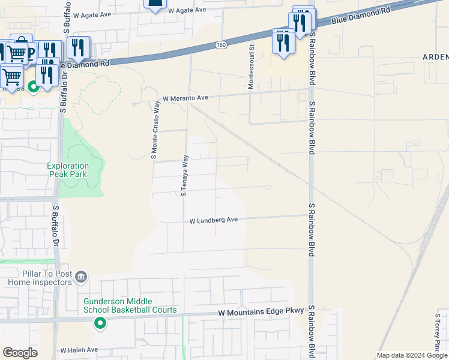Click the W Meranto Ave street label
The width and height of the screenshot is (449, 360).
pos(185,98)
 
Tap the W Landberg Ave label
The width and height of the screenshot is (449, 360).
pos(214,220)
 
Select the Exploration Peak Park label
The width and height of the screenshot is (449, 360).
pos(68,170)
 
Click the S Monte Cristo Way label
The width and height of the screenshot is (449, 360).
pos(154,131)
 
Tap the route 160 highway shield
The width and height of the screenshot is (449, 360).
pos(221,45)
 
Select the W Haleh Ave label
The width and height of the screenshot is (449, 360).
pos(79,350)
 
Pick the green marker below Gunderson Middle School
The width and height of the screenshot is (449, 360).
pos(100,324)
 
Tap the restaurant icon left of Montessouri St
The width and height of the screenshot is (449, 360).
pos(283,42)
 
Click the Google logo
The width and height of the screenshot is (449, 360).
pos(20,353)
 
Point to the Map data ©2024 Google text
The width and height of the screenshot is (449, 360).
pos(412,355)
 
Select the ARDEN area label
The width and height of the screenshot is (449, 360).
pos(435,57)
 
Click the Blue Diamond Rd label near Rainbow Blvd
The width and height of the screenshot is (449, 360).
pos(360,16)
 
